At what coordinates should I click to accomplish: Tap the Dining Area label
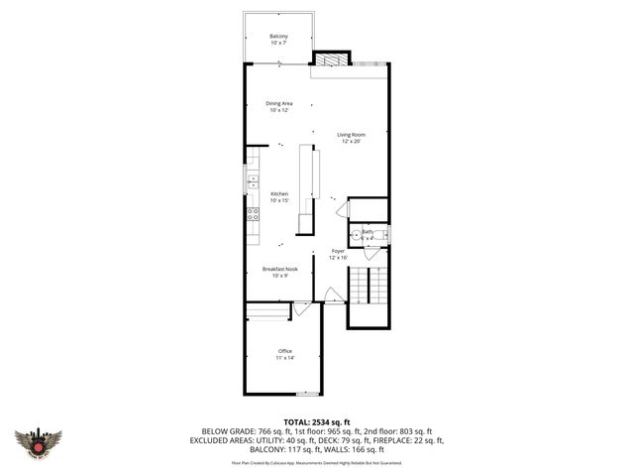coord(278,103)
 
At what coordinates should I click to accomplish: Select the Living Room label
coord(352,135)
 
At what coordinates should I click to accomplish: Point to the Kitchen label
coord(279,194)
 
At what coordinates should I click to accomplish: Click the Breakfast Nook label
coord(279,269)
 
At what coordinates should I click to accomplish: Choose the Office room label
coord(284,351)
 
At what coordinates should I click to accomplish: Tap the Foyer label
coord(337,252)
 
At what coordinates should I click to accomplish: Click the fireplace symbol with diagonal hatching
coord(333,60)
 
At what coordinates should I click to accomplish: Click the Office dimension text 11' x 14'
coord(285,358)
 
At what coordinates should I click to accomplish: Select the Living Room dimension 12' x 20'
coord(352,142)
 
